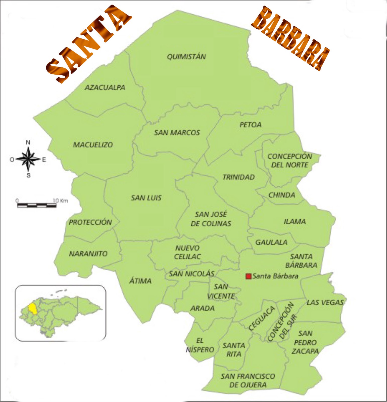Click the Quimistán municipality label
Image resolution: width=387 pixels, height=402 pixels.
pos(186,57)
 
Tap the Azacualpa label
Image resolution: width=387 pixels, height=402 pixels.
pos(105,87)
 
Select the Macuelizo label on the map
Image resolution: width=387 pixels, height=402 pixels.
pos(93,145)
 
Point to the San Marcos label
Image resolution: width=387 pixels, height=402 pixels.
pos(177,133)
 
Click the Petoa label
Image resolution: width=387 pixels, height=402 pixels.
pos(250,125)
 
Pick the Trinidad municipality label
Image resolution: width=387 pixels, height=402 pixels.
pos(238,177)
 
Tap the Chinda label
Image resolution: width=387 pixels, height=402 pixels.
pos(282,195)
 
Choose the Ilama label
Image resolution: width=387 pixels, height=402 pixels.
pos(295,221)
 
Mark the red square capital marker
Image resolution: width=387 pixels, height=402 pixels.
pos(248,276)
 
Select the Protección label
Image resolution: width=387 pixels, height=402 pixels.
pos(90,222)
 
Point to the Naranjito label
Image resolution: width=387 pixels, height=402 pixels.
pos(88,254)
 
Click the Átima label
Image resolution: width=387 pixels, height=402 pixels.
pos(140,281)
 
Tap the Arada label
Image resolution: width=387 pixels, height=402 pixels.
pos(202,308)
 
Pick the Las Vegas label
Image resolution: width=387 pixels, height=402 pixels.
pos(325,303)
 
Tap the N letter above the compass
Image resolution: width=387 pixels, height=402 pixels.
pos(28,142)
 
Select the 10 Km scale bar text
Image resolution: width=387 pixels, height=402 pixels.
pos(60,200)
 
